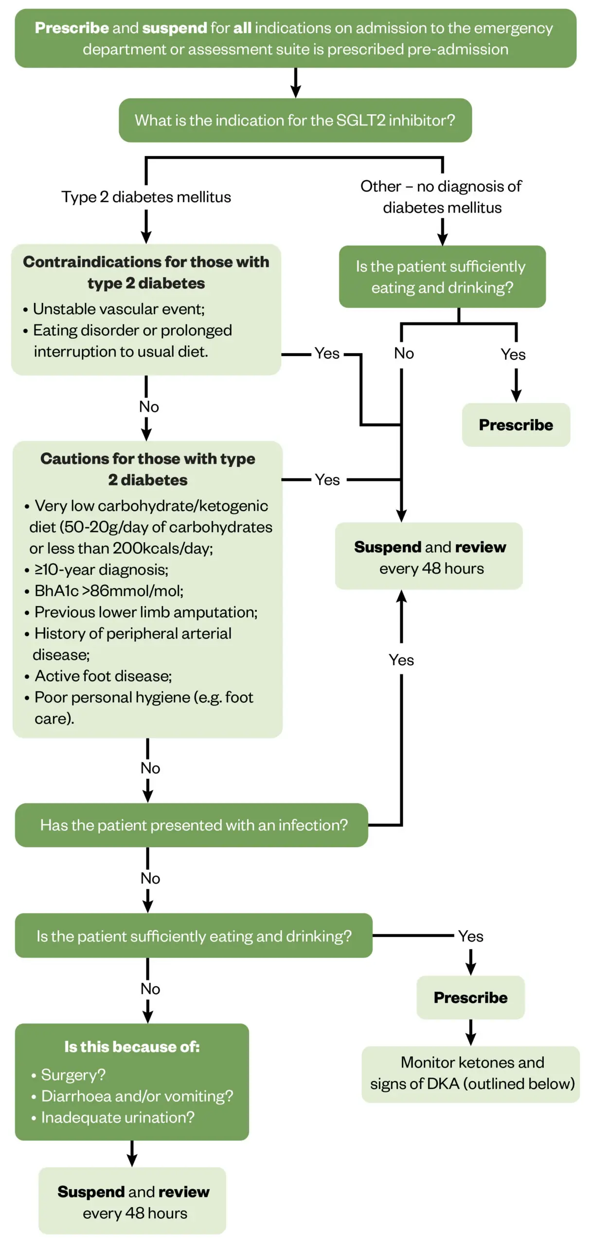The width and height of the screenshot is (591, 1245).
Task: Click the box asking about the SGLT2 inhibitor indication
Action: click(295, 120)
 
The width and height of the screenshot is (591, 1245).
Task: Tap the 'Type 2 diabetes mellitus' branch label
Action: click(146, 197)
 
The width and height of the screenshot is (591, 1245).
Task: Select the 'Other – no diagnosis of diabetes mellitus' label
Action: click(441, 196)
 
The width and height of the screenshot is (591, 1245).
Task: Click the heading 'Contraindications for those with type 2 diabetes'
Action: click(146, 272)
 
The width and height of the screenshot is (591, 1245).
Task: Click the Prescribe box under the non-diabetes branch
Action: click(516, 425)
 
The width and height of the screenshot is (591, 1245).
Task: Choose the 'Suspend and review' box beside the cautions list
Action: click(430, 557)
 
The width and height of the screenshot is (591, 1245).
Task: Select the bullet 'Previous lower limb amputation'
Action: click(145, 612)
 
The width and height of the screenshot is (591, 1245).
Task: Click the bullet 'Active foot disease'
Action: click(103, 676)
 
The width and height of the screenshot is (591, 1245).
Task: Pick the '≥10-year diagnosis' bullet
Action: click(101, 569)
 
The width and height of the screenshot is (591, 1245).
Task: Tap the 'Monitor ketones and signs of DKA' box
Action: click(471, 1073)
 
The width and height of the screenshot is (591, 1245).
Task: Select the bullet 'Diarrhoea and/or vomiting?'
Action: click(137, 1096)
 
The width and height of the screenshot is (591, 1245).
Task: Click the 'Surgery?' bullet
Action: click(73, 1075)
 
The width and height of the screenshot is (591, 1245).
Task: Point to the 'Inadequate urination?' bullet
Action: click(117, 1118)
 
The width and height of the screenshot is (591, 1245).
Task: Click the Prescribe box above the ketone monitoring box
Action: click(470, 997)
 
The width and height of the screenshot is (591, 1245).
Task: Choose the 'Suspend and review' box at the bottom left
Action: click(133, 1202)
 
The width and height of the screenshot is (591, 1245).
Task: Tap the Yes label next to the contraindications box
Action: click(327, 354)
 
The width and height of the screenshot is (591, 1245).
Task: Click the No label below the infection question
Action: click(150, 878)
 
